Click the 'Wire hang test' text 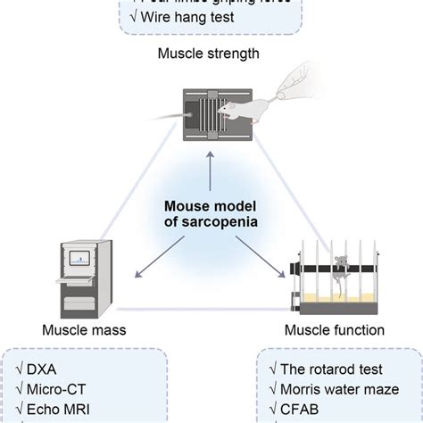(x=177, y=15)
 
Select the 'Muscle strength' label (x=211, y=54)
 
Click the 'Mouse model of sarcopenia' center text (x=211, y=213)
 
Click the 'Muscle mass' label (x=84, y=330)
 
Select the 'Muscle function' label (x=334, y=330)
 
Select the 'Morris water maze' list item (x=335, y=390)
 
